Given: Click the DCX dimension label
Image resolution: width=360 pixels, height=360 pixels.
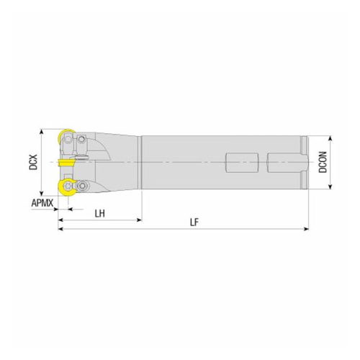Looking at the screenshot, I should [33, 163].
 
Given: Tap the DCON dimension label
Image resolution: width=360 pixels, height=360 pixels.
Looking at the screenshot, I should [323, 163].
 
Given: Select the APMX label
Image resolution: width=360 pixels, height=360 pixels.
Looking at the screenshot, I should [42, 204].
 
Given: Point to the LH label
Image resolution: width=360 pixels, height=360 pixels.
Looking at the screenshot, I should [100, 214].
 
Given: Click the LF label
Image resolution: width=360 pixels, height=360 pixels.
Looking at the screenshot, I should [194, 222].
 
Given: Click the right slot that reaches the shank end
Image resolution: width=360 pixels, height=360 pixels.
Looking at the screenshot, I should [287, 163].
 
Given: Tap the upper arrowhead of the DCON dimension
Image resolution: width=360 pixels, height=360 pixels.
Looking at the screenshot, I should [330, 138].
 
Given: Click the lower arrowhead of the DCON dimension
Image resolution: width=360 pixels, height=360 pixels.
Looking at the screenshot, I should [330, 187].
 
